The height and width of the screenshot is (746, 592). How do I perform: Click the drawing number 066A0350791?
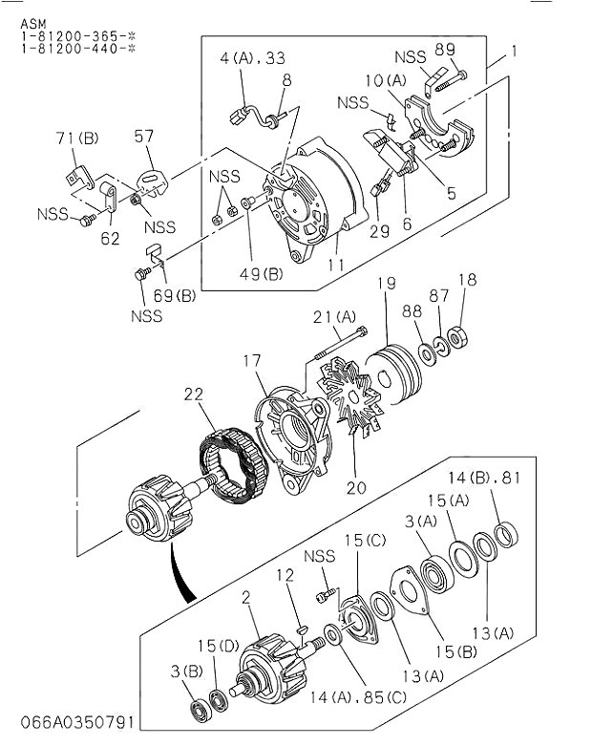click(x=77, y=722)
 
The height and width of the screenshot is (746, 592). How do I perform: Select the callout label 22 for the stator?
click(x=194, y=394)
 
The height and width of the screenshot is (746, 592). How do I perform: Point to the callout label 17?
click(x=252, y=361)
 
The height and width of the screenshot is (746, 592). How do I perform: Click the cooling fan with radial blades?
click(x=350, y=395)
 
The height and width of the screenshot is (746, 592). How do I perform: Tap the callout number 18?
click(x=468, y=279)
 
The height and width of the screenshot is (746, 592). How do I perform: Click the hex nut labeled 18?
click(x=458, y=337)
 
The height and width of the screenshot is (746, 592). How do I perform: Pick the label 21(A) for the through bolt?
click(x=334, y=317)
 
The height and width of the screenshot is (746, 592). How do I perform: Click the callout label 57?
click(x=143, y=136)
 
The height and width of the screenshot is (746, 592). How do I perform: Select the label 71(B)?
click(x=77, y=138)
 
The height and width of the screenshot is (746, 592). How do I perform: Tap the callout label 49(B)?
click(x=261, y=274)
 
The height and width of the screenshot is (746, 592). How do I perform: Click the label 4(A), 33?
click(x=252, y=58)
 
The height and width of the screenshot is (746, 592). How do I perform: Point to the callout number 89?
click(x=445, y=49)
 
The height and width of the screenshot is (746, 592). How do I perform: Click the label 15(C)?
click(x=365, y=540)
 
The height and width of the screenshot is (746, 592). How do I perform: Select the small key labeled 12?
click(x=301, y=630)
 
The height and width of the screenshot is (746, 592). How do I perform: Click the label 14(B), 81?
click(x=484, y=478)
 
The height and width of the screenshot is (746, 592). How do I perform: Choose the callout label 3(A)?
click(x=421, y=522)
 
